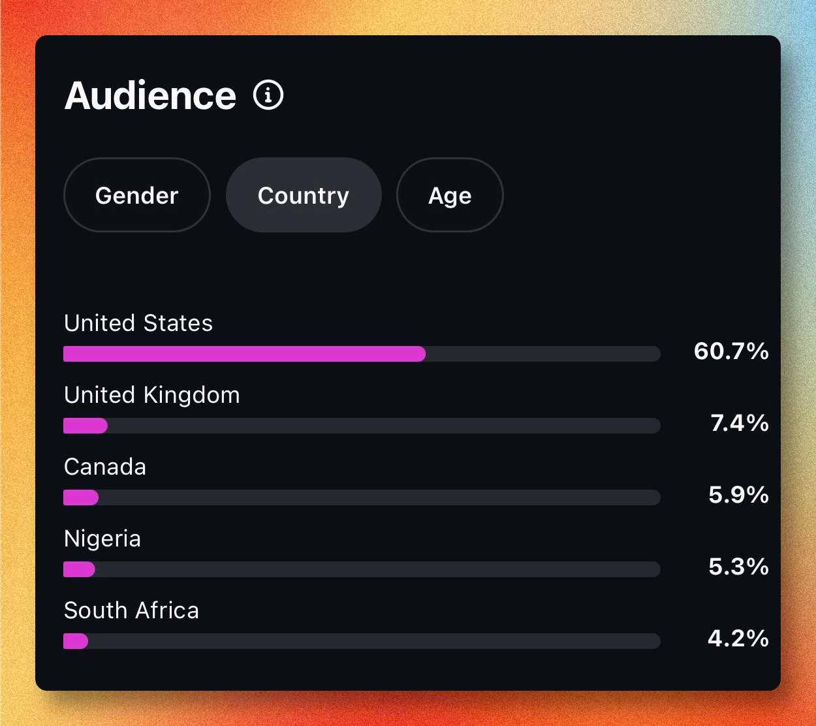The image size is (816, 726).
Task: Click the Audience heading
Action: (x=150, y=96)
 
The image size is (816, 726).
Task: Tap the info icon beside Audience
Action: (x=268, y=95)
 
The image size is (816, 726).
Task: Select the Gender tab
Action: (x=137, y=195)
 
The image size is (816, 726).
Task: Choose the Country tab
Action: (x=304, y=195)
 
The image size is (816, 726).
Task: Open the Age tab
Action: (x=450, y=195)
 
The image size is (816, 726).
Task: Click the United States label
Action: (x=138, y=323)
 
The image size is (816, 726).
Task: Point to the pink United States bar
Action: (x=244, y=354)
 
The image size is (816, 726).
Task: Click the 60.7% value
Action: (x=731, y=351)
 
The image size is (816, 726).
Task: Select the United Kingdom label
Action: (x=152, y=395)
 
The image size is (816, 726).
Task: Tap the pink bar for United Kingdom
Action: (x=86, y=426)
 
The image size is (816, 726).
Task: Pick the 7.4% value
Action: (x=740, y=423)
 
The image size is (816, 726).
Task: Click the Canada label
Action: (x=105, y=467)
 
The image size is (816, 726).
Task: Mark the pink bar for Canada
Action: (x=81, y=497)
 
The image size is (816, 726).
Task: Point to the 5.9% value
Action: (x=738, y=495)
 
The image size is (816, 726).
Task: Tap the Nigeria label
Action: (x=102, y=539)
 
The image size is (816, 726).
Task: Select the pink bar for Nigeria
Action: (x=79, y=569)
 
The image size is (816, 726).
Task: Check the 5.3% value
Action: (x=738, y=567)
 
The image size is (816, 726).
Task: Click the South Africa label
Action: (x=131, y=610)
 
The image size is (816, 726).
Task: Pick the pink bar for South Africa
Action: (x=76, y=641)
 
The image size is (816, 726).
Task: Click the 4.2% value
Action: (x=738, y=639)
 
